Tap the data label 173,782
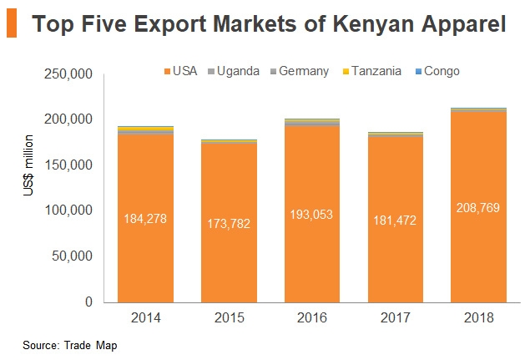tap(228, 223)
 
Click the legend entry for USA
tap(179, 71)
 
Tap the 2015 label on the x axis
tap(228, 317)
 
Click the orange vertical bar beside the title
tap(12, 25)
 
